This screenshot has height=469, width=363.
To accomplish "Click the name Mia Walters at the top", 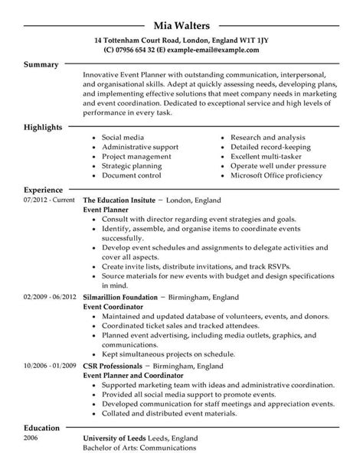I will pyautogui.click(x=181, y=10).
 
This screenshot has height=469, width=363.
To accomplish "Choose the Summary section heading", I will pyautogui.click(x=42, y=66).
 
